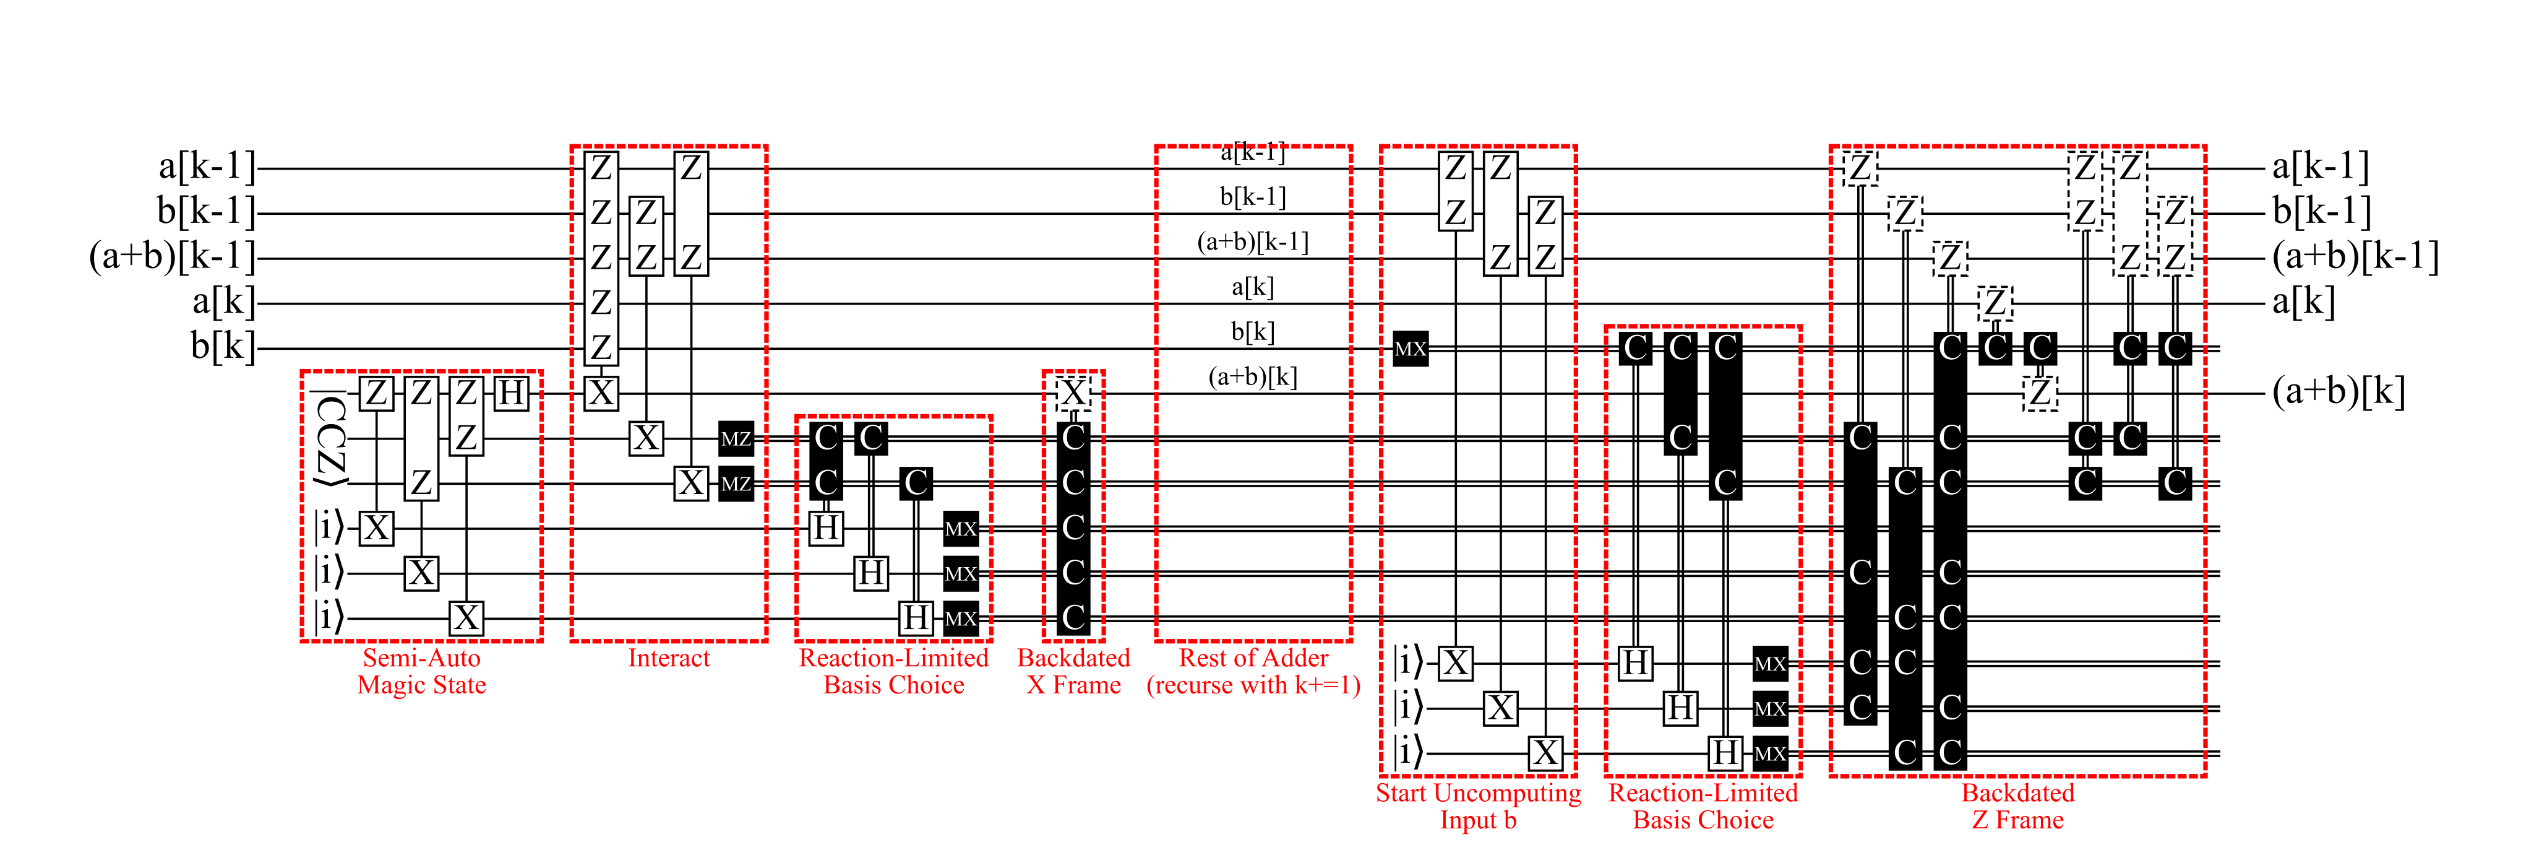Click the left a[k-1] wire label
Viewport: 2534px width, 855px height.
pos(207,167)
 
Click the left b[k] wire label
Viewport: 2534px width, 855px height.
pos(222,346)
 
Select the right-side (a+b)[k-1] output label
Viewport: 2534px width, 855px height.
pos(2355,257)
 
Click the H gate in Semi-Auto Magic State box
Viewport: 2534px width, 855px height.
pos(510,393)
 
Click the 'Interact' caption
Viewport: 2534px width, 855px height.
pos(668,658)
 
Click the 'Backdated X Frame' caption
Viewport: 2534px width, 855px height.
pos(1073,672)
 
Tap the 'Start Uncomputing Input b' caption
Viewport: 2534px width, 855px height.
pos(1477,806)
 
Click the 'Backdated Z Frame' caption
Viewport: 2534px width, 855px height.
pos(2017,806)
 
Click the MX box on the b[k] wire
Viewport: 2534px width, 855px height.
pos(1411,349)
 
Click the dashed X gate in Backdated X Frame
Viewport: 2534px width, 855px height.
pos(1073,393)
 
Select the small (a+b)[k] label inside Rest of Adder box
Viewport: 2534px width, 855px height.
pos(1252,377)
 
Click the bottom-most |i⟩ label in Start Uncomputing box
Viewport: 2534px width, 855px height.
pos(1407,753)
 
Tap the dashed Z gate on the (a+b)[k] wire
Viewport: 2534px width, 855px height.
pos(2040,393)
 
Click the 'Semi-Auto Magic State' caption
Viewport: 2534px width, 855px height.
pos(421,672)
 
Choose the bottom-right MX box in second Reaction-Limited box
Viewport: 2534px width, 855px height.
pos(1770,753)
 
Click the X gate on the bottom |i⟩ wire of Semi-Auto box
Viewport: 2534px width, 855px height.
pos(466,618)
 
